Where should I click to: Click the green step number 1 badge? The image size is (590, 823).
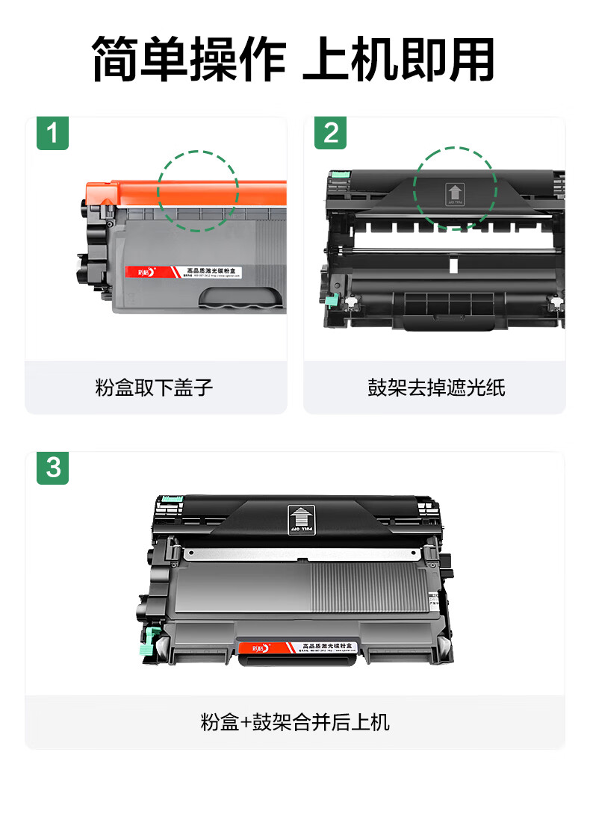[52, 134]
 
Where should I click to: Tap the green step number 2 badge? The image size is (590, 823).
[331, 134]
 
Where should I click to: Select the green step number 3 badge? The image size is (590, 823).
[52, 468]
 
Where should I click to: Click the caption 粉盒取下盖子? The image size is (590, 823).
[155, 388]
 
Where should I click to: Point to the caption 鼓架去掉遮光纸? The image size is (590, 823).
[436, 388]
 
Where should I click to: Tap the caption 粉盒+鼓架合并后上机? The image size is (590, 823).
[295, 722]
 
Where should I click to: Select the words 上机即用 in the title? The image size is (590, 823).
[398, 60]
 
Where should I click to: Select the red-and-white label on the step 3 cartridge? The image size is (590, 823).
[299, 647]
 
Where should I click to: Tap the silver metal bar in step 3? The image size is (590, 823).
[299, 553]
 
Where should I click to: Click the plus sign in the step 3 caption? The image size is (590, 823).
[245, 723]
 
